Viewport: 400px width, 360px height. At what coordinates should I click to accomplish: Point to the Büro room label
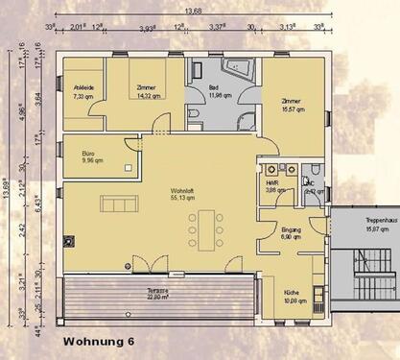click(x=92, y=156)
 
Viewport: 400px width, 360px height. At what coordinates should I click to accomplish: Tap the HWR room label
click(x=275, y=186)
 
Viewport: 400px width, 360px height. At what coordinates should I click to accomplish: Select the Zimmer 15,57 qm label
click(x=291, y=106)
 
